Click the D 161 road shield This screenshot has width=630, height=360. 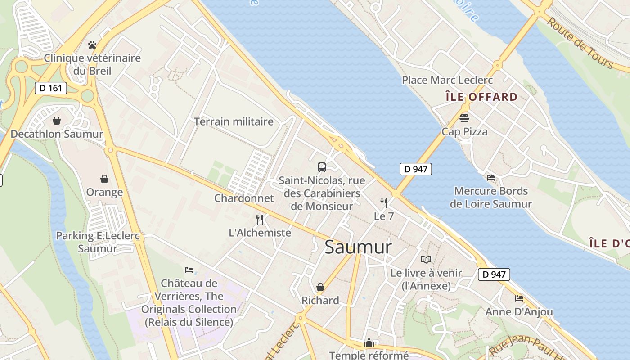point(51,88)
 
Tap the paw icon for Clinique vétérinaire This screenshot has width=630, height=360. point(92,45)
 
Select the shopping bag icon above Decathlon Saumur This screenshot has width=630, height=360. point(57,121)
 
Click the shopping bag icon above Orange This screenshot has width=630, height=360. point(104,179)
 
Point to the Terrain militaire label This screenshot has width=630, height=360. point(234,121)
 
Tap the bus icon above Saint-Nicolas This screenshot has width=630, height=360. point(322,167)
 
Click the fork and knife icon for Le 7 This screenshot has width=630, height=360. point(384,203)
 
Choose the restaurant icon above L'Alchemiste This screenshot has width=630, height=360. point(260,220)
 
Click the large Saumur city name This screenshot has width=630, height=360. point(358,247)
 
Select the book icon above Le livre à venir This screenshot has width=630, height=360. point(426,259)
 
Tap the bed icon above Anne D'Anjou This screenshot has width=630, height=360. point(519,298)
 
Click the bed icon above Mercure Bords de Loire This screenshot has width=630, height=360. point(491,178)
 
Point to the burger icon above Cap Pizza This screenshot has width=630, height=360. point(464,118)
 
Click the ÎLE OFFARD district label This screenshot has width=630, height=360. point(481,97)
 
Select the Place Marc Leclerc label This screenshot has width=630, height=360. point(447,80)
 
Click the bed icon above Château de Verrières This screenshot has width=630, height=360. point(189,270)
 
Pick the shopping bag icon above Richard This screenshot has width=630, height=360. point(320,287)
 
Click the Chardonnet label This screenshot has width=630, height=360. point(244,198)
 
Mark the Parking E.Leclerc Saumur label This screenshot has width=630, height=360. point(98,242)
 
